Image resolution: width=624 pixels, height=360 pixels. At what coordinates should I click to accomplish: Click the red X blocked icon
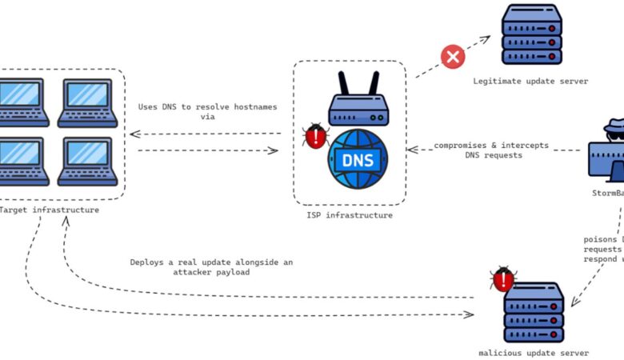(454, 56)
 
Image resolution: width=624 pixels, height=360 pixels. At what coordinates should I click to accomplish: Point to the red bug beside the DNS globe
(316, 137)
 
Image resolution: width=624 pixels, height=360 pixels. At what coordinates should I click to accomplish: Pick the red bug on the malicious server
(503, 279)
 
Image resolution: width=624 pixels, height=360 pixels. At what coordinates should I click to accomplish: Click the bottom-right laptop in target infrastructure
(87, 161)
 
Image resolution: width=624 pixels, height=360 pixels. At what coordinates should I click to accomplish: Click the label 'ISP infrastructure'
(350, 215)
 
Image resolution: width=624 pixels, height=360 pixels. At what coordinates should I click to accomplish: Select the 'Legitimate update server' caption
(530, 81)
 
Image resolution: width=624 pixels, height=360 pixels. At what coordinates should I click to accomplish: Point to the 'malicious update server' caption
(534, 353)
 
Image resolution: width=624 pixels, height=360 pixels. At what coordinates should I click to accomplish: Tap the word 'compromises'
(461, 146)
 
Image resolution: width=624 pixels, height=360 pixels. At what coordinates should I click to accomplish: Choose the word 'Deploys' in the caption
(149, 262)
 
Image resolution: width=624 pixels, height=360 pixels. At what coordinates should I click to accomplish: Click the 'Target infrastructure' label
(50, 210)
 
